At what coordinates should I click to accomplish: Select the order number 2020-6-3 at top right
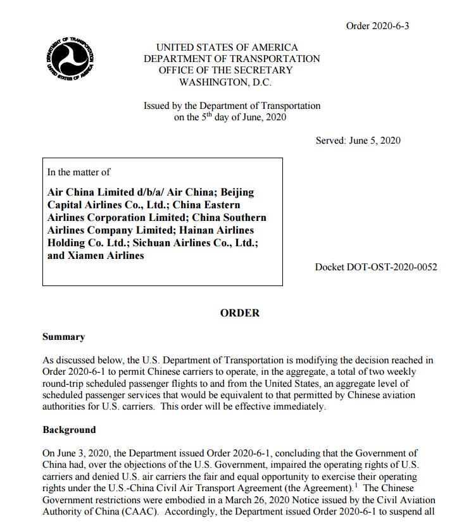(373, 26)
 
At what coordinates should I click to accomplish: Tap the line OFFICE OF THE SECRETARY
(226, 70)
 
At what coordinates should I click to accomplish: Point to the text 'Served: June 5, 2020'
(358, 141)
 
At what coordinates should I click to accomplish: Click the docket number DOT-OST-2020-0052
(376, 267)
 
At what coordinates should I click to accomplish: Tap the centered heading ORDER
(240, 313)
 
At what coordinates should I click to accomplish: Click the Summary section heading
(63, 337)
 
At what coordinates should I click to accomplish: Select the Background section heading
(69, 430)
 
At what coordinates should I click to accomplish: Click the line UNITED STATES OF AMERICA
(227, 47)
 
